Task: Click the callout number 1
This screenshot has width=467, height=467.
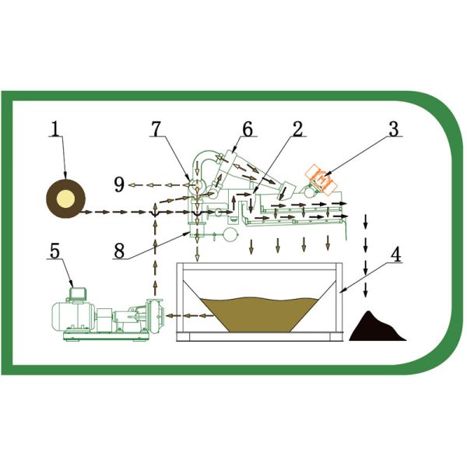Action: click(55, 129)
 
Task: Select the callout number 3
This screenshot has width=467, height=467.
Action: click(394, 129)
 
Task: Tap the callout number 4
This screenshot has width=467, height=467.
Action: click(396, 255)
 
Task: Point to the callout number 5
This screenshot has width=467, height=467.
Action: click(54, 251)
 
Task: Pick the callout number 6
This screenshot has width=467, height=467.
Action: click(247, 129)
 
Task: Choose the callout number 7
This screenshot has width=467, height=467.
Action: click(157, 129)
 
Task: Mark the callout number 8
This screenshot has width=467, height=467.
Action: click(118, 251)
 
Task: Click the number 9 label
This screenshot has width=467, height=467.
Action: click(118, 184)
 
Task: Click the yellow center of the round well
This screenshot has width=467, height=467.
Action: click(65, 200)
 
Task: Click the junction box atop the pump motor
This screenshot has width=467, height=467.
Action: click(78, 293)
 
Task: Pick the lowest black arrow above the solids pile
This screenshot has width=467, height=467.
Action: click(365, 292)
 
